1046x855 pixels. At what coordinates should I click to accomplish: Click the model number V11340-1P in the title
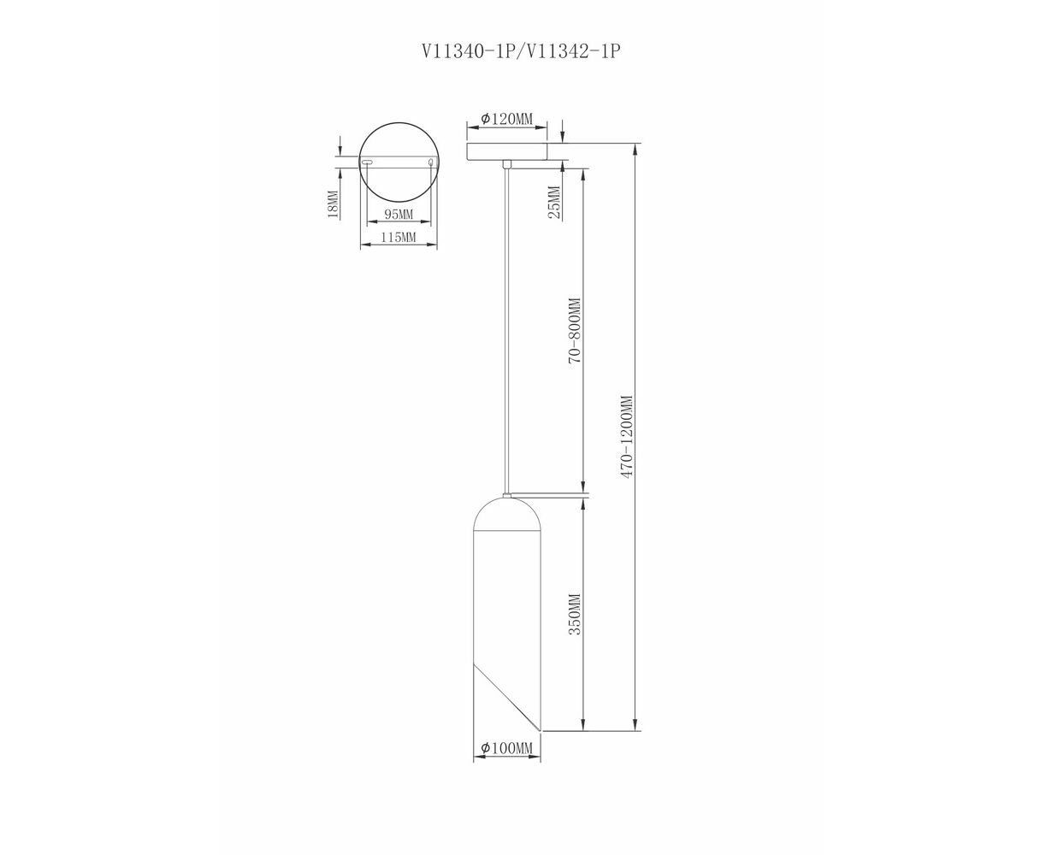(x=468, y=51)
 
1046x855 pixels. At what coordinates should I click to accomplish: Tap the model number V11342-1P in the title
(x=572, y=51)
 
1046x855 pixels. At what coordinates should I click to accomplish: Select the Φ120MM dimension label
(x=507, y=119)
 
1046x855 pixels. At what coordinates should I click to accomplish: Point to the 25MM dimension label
(x=555, y=203)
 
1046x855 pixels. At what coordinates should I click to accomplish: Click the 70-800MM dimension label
(x=575, y=331)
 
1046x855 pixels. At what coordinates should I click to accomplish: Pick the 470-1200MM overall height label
(x=628, y=436)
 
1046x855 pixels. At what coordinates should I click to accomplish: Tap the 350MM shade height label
(x=575, y=614)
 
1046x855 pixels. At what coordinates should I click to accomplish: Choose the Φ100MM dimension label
(x=507, y=748)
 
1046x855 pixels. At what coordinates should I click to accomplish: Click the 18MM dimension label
(x=334, y=204)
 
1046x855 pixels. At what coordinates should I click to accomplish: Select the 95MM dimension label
(x=399, y=215)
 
